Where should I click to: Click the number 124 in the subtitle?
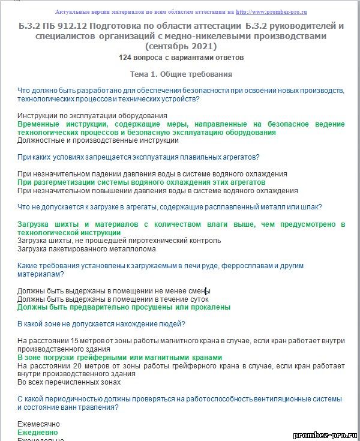[x=125, y=58]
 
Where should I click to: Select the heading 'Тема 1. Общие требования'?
[x=181, y=74]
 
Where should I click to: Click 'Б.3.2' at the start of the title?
[x=31, y=26]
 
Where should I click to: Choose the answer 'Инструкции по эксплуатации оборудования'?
[x=92, y=115]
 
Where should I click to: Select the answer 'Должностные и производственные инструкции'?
[x=98, y=140]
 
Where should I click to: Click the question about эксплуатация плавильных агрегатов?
[x=138, y=157]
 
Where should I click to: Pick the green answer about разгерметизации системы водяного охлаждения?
[x=142, y=182]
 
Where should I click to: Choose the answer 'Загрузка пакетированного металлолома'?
[x=86, y=248]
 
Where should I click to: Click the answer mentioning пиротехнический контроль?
[x=119, y=240]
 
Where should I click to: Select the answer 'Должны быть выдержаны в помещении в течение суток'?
[x=113, y=298]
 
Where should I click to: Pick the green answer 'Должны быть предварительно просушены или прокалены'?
[x=124, y=307]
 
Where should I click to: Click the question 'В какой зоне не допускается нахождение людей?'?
[x=101, y=324]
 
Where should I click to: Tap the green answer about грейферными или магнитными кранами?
[x=120, y=357]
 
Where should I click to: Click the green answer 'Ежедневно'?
[x=38, y=432]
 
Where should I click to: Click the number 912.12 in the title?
[x=74, y=26]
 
